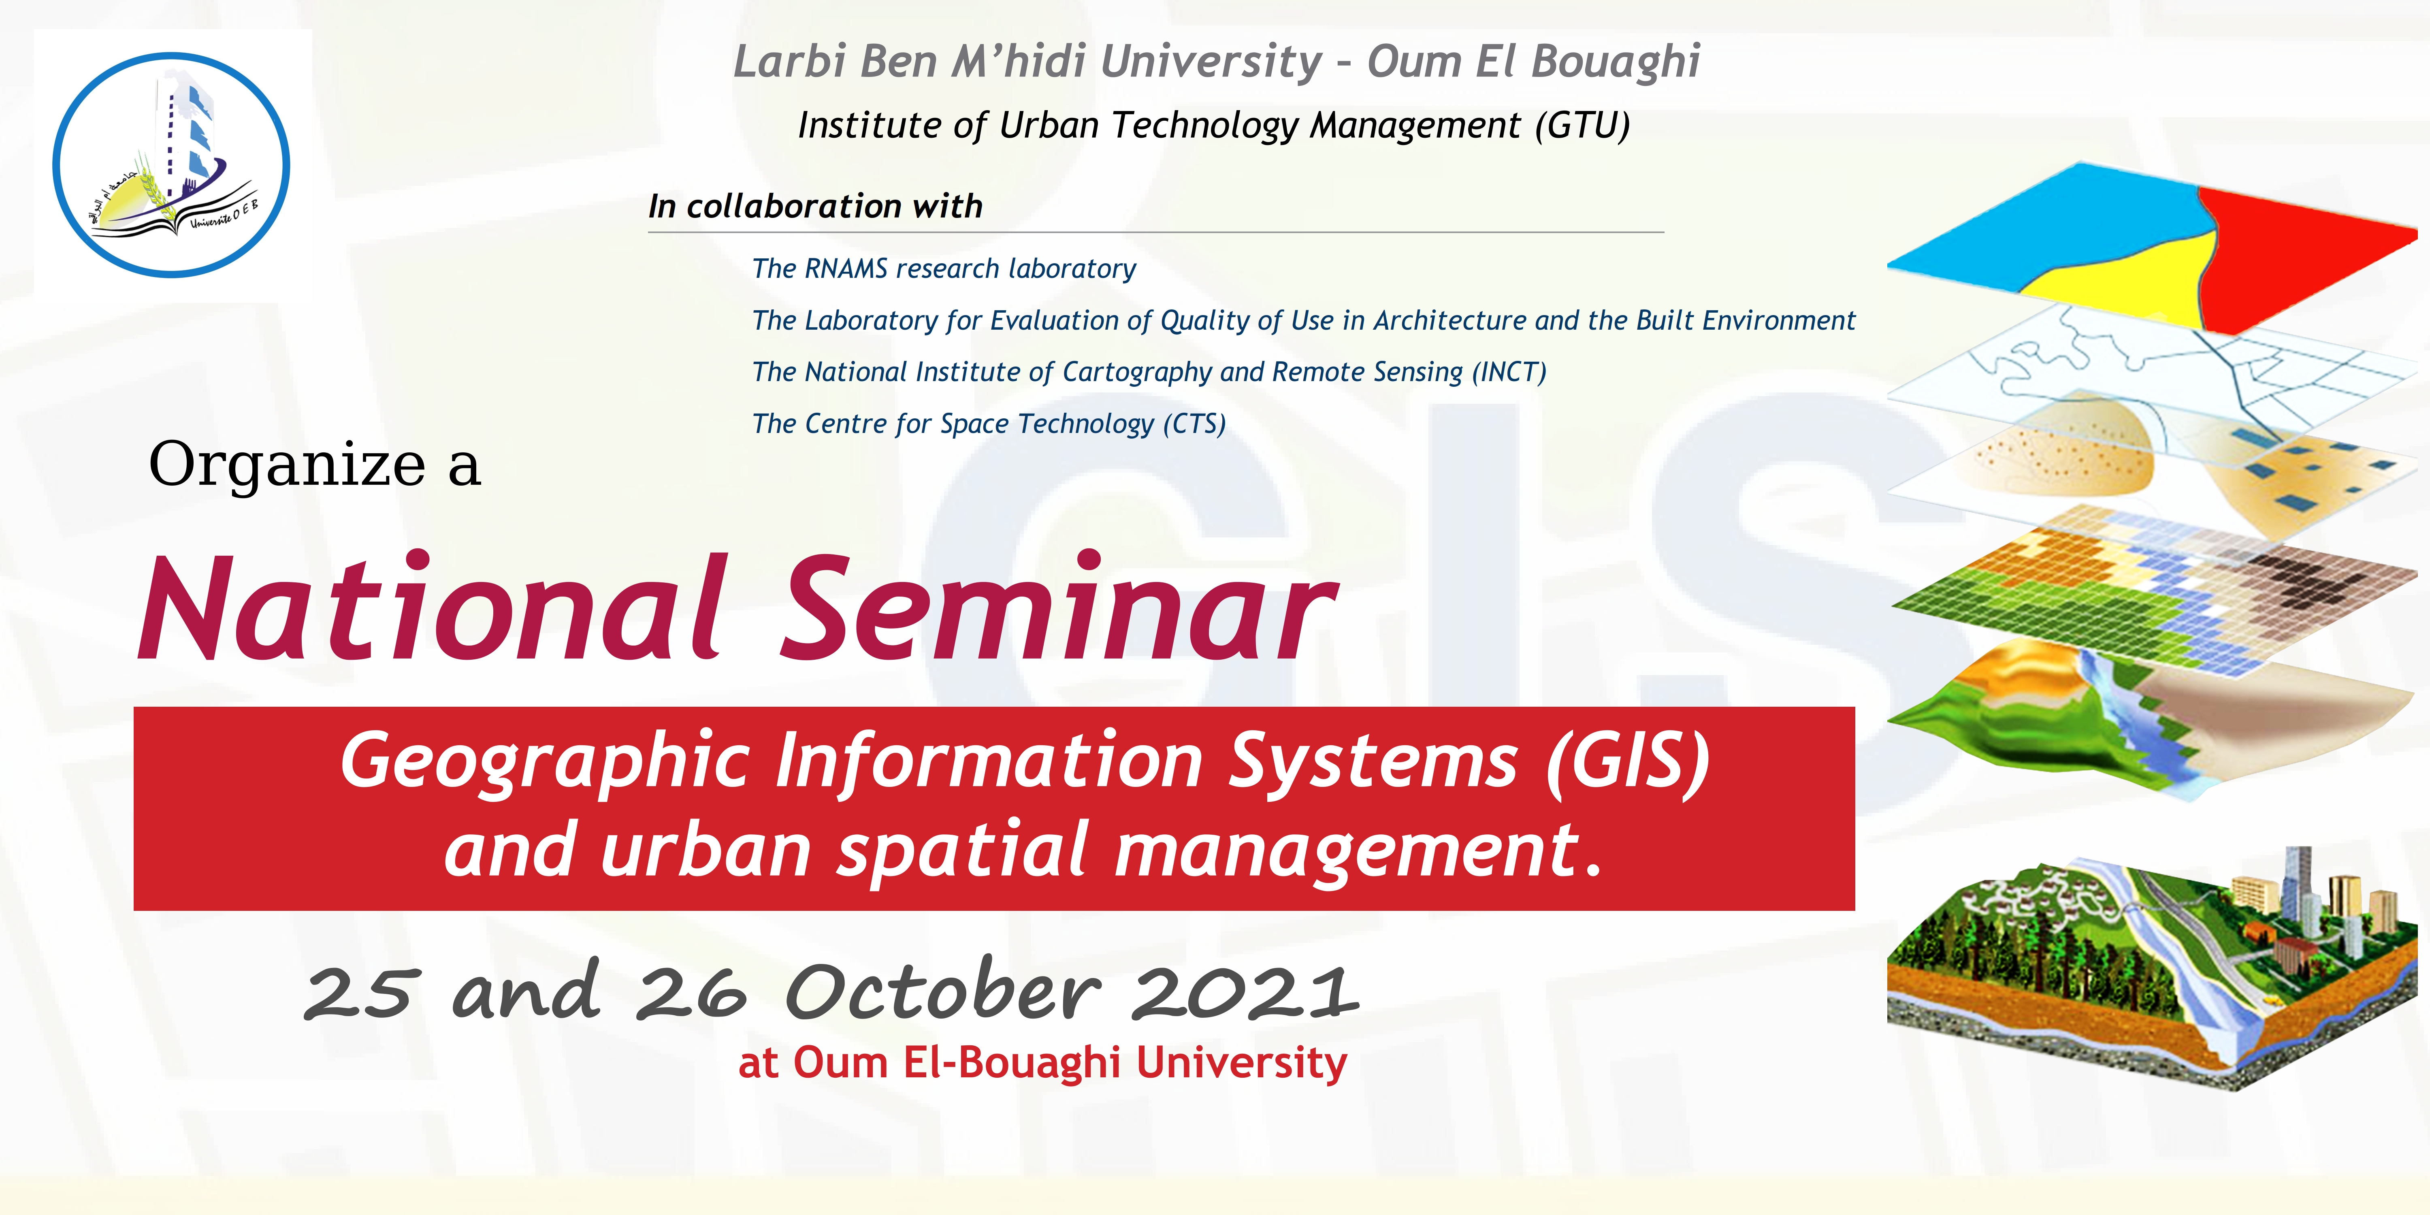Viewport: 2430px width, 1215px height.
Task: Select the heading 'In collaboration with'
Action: [815, 206]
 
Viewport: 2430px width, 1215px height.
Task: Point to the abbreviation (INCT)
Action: [1509, 372]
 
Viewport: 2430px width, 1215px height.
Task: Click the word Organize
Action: [287, 465]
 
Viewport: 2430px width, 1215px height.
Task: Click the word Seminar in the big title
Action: [1058, 608]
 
